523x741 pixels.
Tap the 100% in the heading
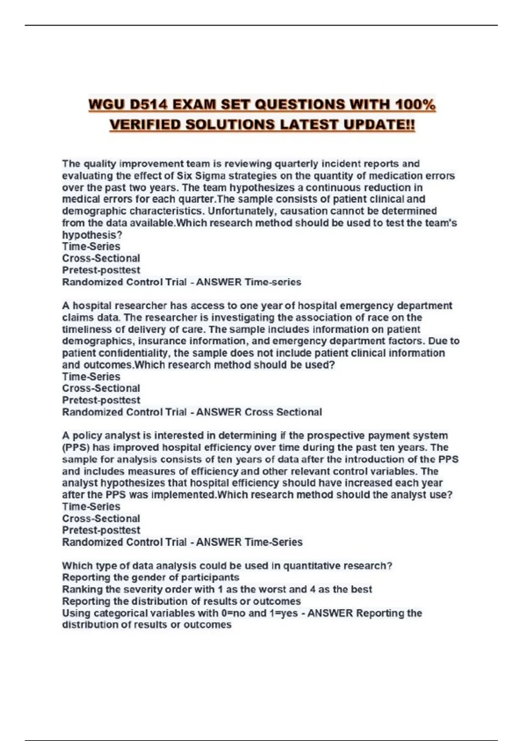pyautogui.click(x=415, y=105)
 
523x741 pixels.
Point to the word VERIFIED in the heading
pyautogui.click(x=144, y=125)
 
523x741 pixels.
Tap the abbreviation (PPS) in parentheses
pyautogui.click(x=75, y=447)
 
